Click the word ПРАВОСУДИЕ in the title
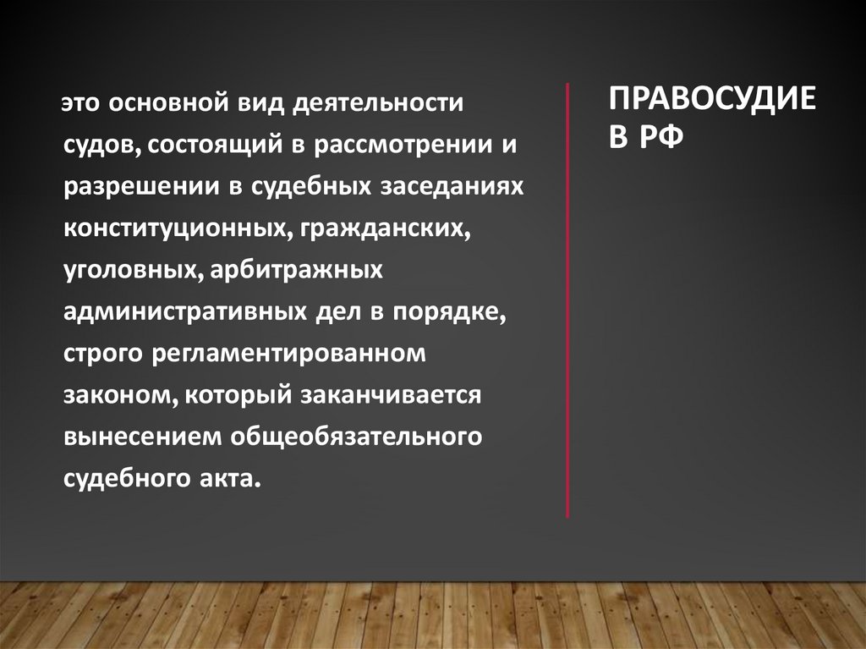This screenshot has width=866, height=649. (712, 100)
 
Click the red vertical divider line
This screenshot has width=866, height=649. (567, 300)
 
